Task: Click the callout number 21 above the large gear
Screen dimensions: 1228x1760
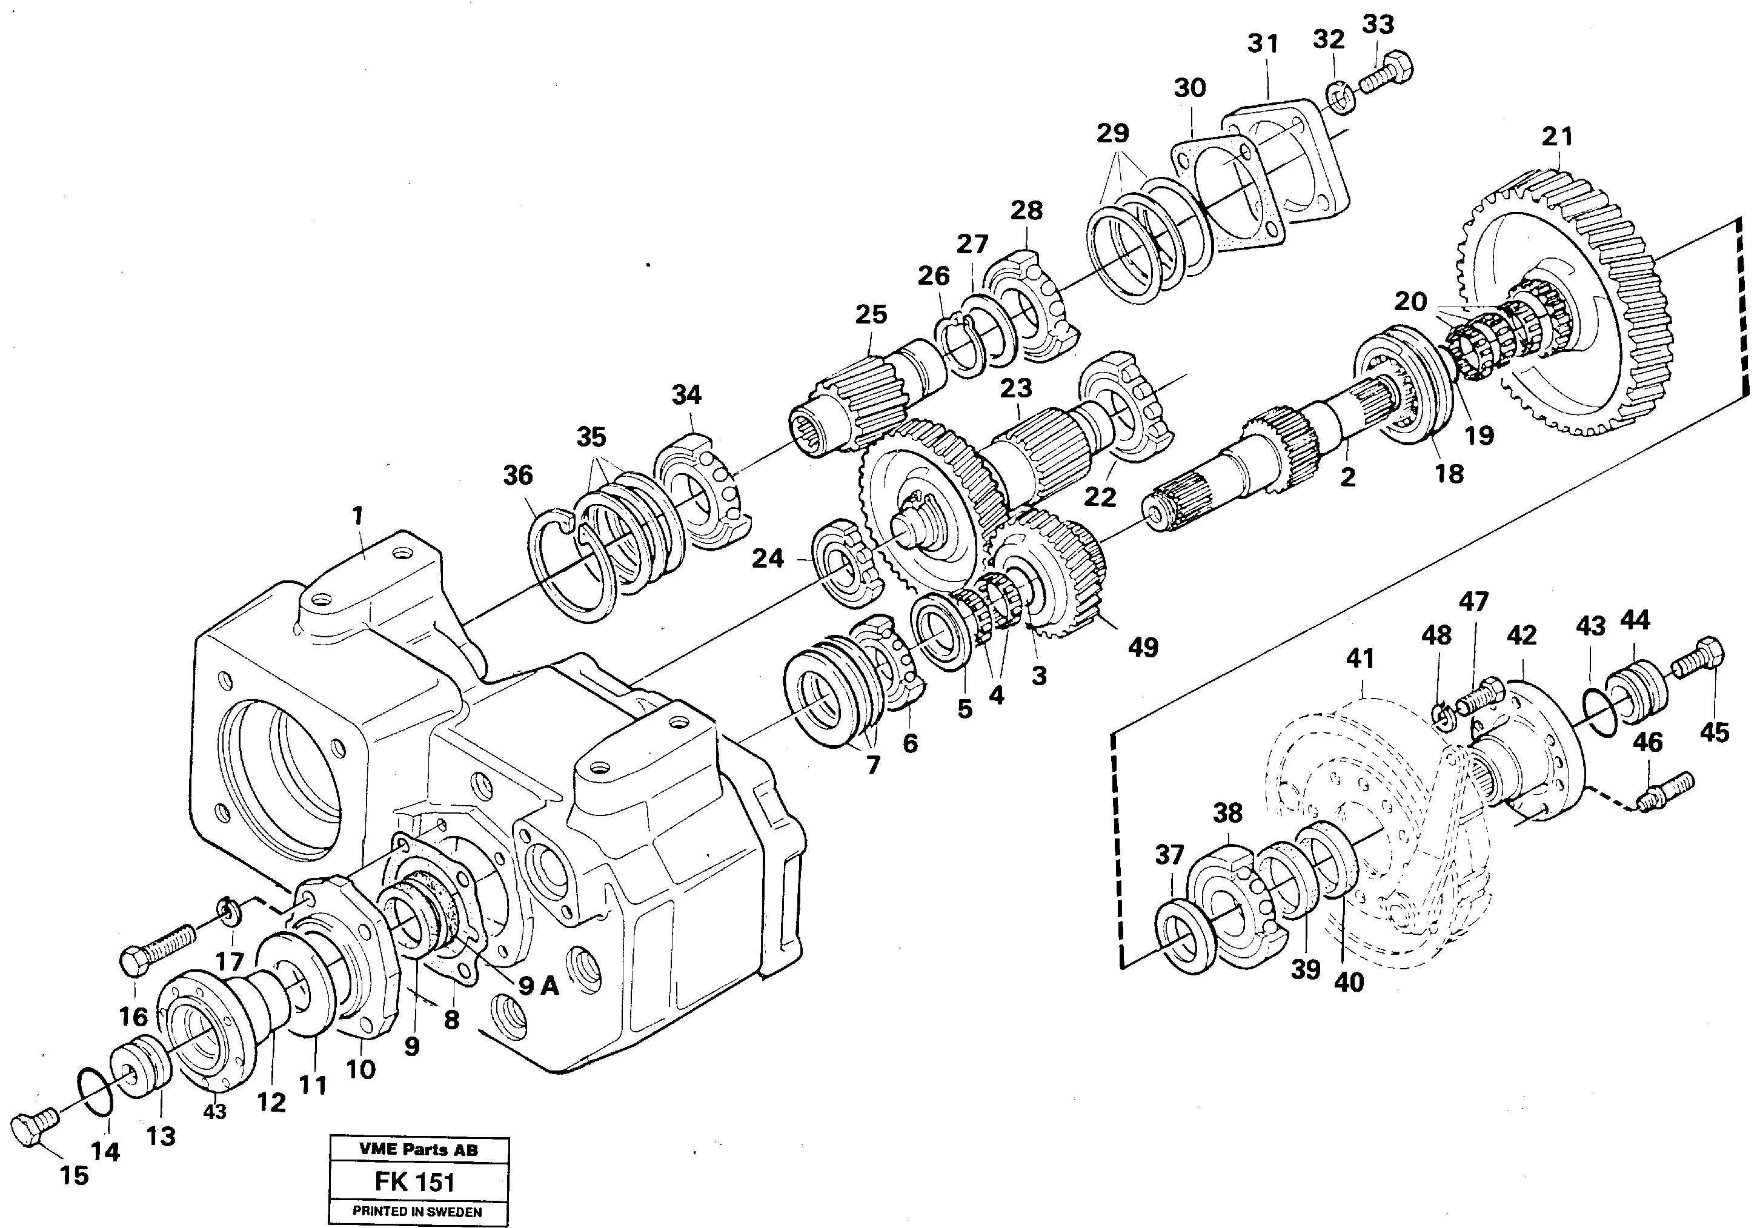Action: click(1557, 136)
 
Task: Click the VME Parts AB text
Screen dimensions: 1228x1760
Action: click(418, 1150)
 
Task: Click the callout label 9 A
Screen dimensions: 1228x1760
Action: click(538, 986)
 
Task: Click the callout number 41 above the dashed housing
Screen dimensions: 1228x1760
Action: click(1361, 659)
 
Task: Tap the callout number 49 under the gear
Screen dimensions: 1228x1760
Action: click(1143, 648)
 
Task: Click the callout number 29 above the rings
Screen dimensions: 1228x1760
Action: click(1113, 133)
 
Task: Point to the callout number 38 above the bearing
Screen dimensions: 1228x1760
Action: click(1227, 813)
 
